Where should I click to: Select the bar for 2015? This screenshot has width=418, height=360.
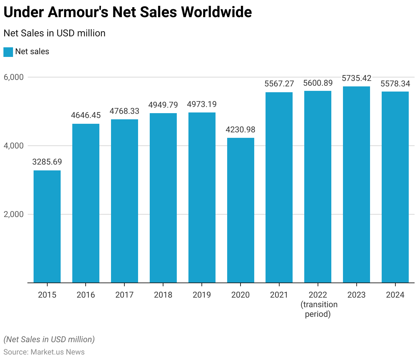(x=47, y=226)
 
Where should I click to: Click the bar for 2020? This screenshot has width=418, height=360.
(x=241, y=210)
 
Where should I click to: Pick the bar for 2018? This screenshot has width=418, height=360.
(x=163, y=198)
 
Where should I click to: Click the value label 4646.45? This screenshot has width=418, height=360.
(x=86, y=115)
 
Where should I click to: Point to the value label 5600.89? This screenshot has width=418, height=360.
(x=318, y=83)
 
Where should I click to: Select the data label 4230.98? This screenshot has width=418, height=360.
(x=241, y=130)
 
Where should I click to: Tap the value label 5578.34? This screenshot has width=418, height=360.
(x=395, y=84)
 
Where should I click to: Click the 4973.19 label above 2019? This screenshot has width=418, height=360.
(x=202, y=104)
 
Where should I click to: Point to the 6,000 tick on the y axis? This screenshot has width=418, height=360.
(x=14, y=77)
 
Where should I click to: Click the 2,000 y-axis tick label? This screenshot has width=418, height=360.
(x=14, y=214)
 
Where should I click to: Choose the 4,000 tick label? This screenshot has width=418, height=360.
(x=14, y=146)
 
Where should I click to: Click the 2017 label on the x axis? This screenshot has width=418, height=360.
(x=124, y=295)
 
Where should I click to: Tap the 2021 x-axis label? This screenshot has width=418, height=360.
(x=279, y=295)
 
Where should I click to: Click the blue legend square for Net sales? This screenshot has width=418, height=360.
(x=8, y=52)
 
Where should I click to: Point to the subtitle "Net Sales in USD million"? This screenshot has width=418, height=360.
(x=54, y=33)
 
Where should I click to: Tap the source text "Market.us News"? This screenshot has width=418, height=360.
(x=58, y=352)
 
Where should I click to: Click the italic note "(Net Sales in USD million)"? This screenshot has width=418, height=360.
(x=49, y=339)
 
